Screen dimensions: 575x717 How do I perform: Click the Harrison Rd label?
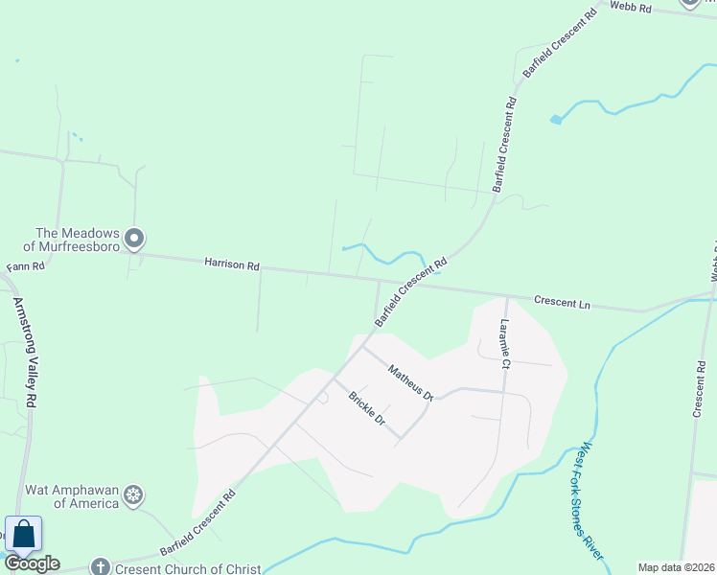[231, 264]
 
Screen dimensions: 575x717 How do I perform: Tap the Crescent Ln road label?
[562, 304]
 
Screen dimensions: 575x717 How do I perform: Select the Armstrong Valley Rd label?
[24, 352]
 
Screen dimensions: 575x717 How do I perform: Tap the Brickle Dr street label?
[366, 408]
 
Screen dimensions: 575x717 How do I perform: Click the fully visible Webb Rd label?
[632, 9]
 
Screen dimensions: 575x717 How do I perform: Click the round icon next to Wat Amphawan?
[135, 494]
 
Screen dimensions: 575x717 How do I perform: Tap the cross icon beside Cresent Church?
[99, 567]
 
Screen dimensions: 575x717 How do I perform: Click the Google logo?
[32, 563]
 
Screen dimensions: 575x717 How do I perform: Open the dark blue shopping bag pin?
[23, 535]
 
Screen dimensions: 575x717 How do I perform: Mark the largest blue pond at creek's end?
[555, 120]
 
